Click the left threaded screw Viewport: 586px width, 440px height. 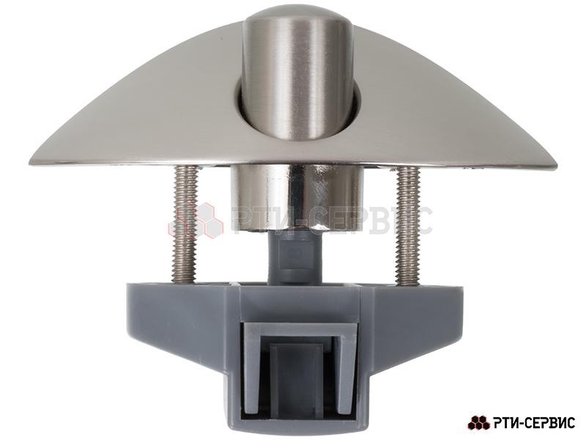tap(185, 224)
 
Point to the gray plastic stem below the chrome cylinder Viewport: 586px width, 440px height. tap(295, 257)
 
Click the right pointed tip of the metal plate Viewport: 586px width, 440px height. tap(556, 166)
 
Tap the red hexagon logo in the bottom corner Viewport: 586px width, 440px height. tap(479, 423)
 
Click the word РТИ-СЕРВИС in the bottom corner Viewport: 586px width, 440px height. tap(535, 423)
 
